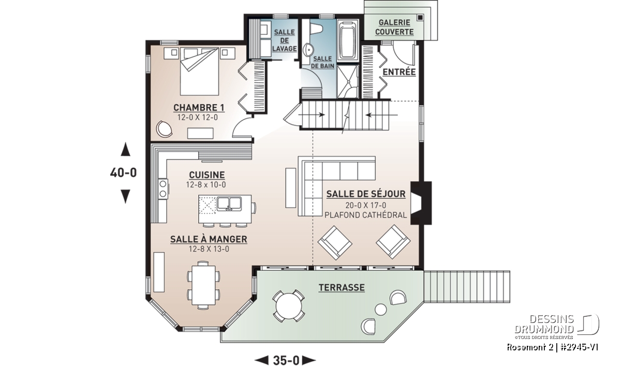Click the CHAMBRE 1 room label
(x=199, y=108)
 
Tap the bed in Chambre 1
(x=199, y=71)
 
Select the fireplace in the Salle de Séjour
(x=421, y=203)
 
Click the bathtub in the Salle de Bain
(x=348, y=41)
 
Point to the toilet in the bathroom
(x=316, y=28)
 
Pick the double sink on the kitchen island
(x=229, y=204)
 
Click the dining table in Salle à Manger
(x=204, y=285)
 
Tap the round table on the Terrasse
(x=289, y=306)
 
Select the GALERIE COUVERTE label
(x=394, y=27)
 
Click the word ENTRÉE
(x=399, y=72)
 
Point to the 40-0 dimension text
(x=123, y=173)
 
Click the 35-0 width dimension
(x=286, y=361)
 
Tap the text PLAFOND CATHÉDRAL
(x=366, y=215)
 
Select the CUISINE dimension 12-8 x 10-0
(x=206, y=185)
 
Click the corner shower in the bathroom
(x=348, y=81)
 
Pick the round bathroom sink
(x=308, y=50)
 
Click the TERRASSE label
(x=342, y=288)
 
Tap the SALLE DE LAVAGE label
(x=285, y=40)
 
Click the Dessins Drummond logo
(x=557, y=327)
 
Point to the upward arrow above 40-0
(x=125, y=149)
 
